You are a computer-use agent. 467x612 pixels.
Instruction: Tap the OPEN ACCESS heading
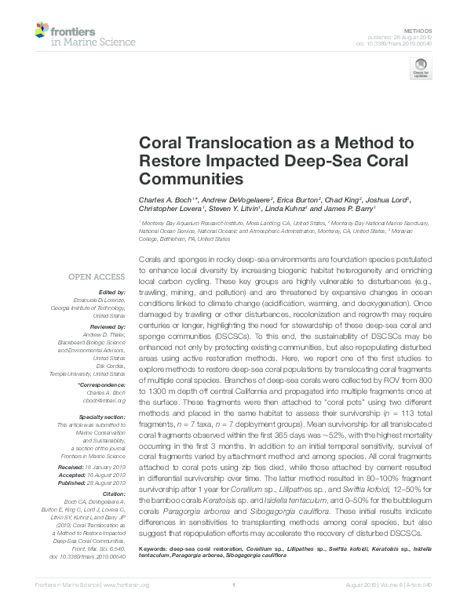[97, 277]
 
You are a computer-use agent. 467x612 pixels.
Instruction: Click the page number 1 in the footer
[234, 585]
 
